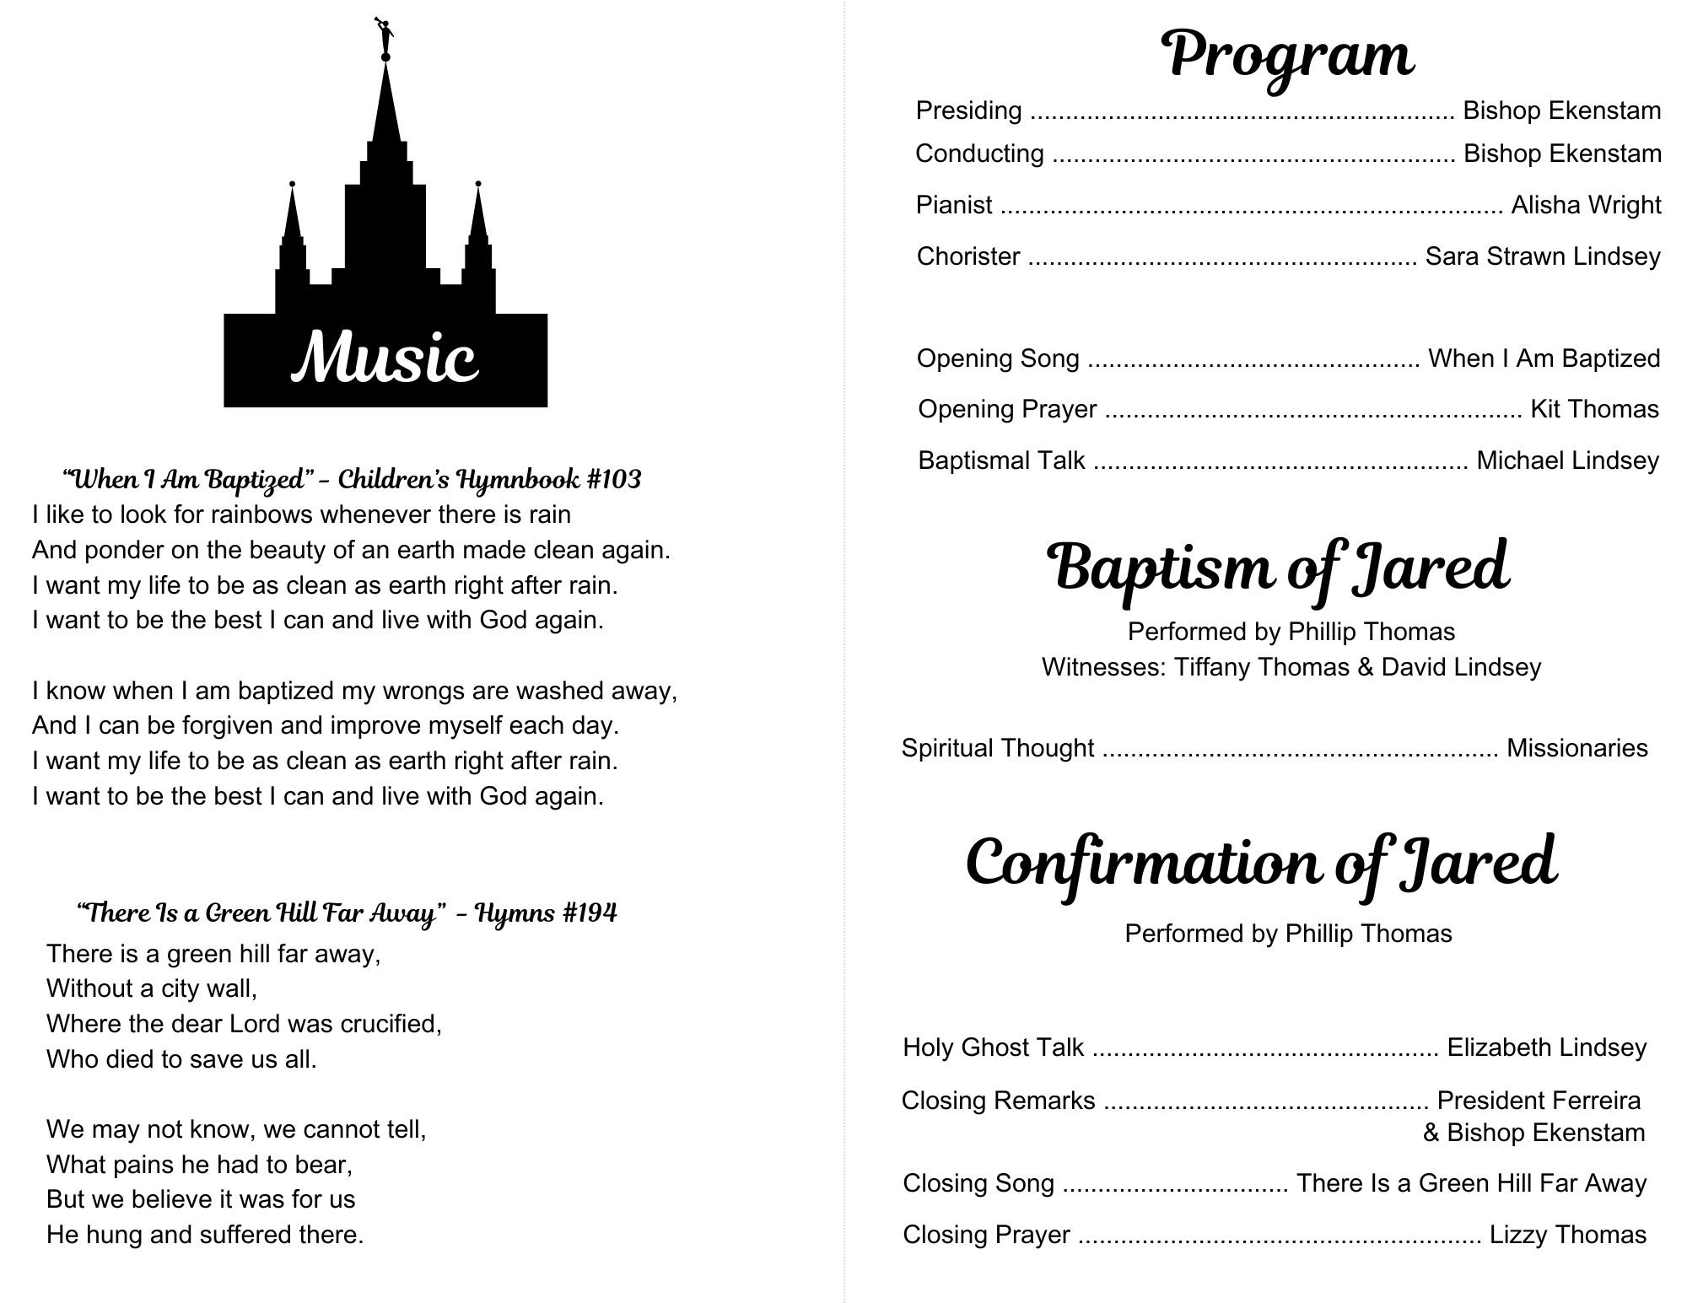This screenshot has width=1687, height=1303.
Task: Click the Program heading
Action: pos(1288,55)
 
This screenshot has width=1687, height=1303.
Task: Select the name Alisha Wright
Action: pos(1586,205)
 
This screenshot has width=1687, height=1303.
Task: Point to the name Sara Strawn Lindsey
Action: pos(1542,256)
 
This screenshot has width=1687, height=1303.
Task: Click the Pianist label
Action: pos(954,205)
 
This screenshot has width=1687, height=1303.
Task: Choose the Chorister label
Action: pos(968,256)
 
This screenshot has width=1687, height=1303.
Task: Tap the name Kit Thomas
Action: pos(1594,409)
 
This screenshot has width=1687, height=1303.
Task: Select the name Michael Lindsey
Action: pos(1567,460)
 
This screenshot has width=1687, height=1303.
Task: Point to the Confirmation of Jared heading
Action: pos(1261,862)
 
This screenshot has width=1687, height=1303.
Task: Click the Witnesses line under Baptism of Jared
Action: pos(1291,667)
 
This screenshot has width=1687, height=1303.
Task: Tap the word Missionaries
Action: pos(1577,748)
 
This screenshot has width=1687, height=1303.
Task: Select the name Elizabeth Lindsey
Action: pos(1546,1047)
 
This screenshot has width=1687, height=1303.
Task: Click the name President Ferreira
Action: pos(1539,1101)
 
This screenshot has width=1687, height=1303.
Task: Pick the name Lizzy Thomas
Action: pos(1567,1235)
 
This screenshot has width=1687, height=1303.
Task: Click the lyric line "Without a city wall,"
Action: pos(152,988)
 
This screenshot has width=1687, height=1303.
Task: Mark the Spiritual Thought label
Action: pos(998,748)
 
